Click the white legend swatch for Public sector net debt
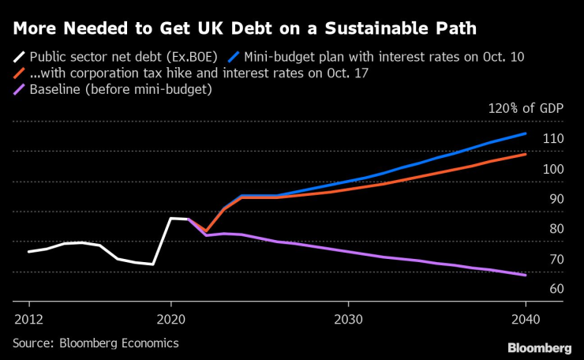17,58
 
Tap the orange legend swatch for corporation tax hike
17,74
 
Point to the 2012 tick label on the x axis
29,320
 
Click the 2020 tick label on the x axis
170,320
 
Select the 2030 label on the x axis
348,320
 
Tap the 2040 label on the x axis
526,320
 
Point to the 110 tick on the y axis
552,139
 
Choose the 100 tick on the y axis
552,169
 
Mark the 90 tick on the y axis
555,199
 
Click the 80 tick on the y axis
555,229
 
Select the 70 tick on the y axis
555,259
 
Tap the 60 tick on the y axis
555,289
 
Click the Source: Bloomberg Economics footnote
95,343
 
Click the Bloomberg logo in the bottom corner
539,348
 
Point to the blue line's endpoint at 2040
526,133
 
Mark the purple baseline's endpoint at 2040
526,275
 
